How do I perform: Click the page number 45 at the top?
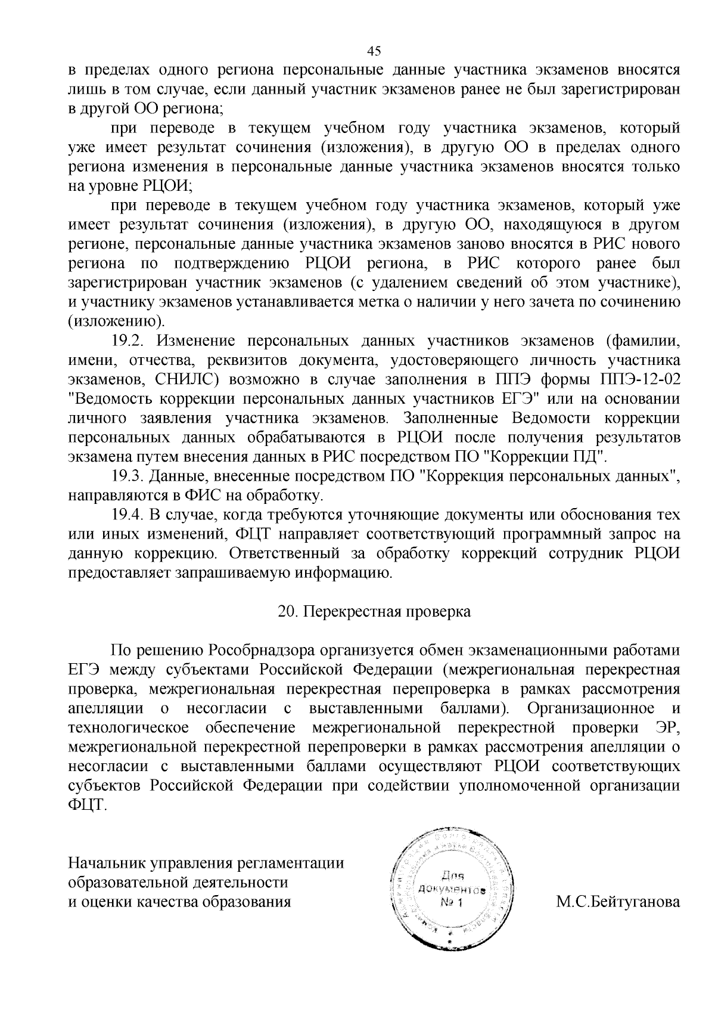[374, 51]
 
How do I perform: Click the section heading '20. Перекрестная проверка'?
[374, 612]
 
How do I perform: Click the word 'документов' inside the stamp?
[452, 890]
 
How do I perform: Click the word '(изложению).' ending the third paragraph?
[116, 322]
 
